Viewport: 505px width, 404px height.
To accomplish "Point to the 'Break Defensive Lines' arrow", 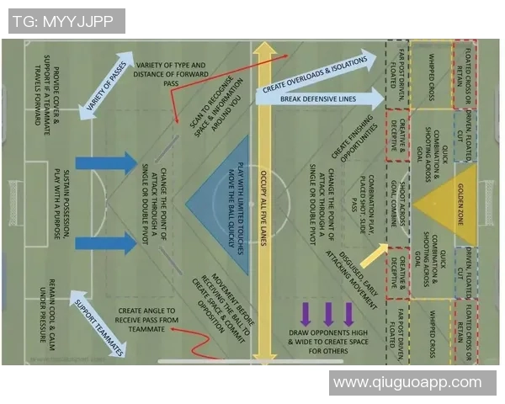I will pyautogui.click(x=318, y=98).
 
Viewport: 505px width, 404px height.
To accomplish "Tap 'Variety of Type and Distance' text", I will pyautogui.click(x=172, y=74).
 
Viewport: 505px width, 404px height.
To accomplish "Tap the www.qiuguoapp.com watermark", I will pyautogui.click(x=407, y=383).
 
